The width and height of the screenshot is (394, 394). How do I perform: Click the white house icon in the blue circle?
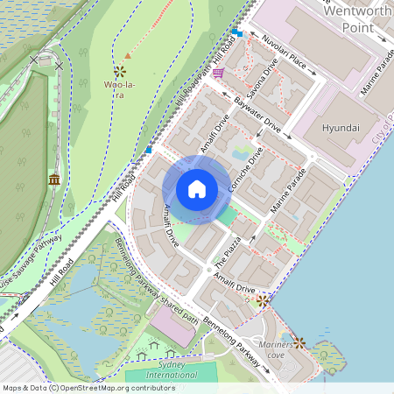tap(197, 188)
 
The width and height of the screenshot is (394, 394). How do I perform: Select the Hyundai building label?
tap(341, 128)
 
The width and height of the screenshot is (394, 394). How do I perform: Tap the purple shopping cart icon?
tap(216, 74)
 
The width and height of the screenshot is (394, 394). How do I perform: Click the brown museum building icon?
tap(54, 180)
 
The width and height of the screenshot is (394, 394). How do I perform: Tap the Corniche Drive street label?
tap(246, 171)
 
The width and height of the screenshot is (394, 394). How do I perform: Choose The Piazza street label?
tap(229, 251)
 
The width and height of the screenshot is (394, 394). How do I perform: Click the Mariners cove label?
tap(275, 350)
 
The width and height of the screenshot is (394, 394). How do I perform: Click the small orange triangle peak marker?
tap(128, 56)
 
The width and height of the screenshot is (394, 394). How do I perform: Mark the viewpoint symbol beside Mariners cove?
tap(299, 342)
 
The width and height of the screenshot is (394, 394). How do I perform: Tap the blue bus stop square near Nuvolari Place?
tap(237, 33)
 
